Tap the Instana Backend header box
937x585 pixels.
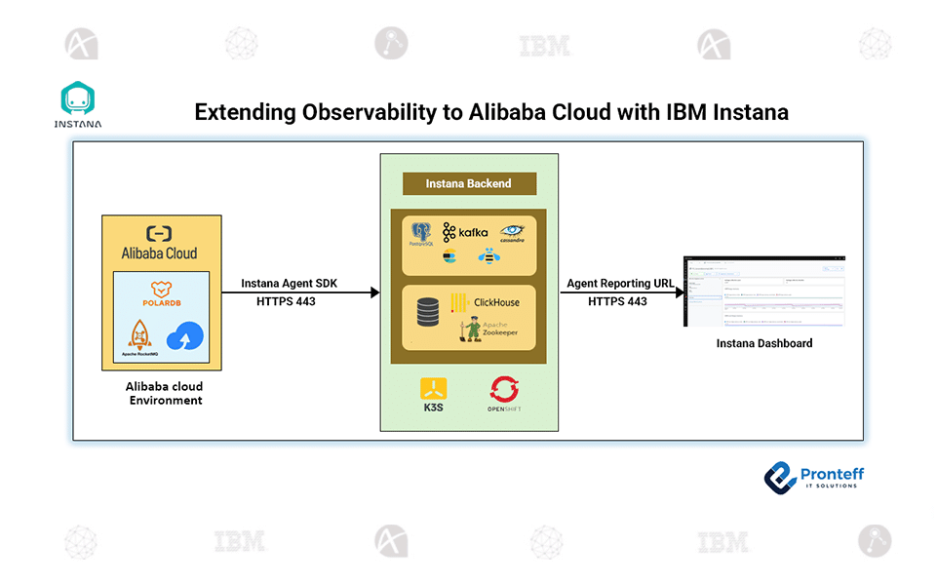[x=468, y=183]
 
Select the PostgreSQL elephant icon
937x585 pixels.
[x=422, y=234]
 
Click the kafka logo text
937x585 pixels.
[x=465, y=233]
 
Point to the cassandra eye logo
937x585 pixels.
[x=512, y=232]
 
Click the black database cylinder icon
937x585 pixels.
[x=427, y=313]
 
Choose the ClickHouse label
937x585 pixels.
[x=496, y=302]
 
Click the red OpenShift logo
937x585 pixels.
[x=505, y=391]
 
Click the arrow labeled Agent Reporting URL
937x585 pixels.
[x=619, y=292]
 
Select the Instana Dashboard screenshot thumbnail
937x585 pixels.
[x=763, y=292]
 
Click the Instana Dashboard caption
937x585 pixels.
[x=763, y=344]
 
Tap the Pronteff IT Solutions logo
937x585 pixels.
[x=813, y=476]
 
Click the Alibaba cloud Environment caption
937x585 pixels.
[x=165, y=394]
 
